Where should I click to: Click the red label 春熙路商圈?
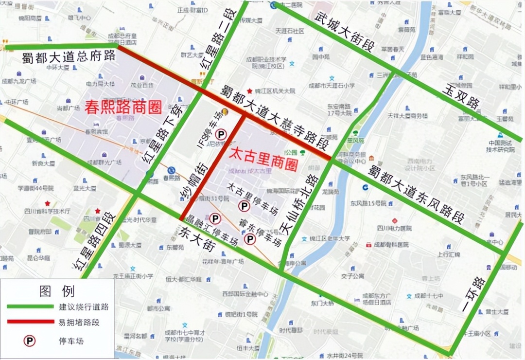[123, 108]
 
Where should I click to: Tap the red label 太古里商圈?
[263, 157]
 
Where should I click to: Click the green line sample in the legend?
[30, 307]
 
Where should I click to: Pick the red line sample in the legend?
[30, 322]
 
